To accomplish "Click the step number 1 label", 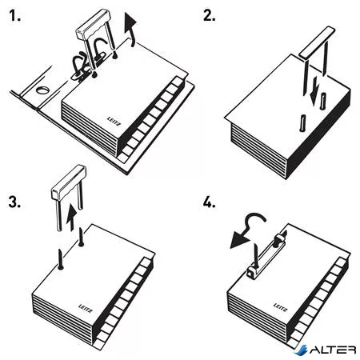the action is (14, 16).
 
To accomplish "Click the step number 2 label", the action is (209, 16).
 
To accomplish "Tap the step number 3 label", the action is (14, 202).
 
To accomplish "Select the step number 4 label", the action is (210, 202).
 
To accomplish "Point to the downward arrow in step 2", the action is (315, 90).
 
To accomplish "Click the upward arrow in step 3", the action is (71, 218).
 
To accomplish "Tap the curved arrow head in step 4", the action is (239, 238).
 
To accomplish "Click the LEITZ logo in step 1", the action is (114, 122).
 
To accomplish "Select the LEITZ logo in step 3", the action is (86, 308).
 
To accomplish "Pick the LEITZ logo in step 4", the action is (281, 307).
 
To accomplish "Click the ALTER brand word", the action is (333, 350).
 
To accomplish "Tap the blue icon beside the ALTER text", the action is (302, 350).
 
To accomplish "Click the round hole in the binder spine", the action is (42, 90).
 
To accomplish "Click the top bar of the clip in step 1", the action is (93, 23).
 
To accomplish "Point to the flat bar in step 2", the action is (318, 42).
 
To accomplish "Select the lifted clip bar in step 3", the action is (69, 182).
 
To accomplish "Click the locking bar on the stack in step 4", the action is (266, 255).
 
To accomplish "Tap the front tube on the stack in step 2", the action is (302, 123).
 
